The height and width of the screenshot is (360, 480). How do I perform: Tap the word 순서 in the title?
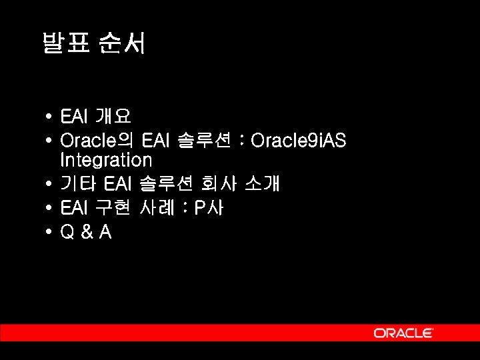pos(122,45)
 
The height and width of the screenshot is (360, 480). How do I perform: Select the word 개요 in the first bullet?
pos(113,117)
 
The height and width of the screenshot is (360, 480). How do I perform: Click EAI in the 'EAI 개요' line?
pos(73,117)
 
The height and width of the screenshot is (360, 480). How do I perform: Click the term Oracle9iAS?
pos(298,141)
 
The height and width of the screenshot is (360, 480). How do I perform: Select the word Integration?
pos(106,160)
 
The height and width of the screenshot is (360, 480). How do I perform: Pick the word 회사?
pos(218,183)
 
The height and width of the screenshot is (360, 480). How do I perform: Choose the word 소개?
pos(262,183)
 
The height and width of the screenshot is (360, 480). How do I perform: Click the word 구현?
pos(113,208)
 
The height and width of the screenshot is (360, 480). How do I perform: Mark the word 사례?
pos(157,208)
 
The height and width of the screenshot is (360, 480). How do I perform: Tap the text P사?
pos(209,208)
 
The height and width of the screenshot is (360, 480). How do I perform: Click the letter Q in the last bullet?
pos(67,233)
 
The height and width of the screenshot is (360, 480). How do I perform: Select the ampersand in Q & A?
pos(85,233)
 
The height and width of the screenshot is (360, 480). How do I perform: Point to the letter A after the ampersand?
pos(105,233)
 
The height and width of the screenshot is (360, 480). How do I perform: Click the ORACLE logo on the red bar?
pos(403,333)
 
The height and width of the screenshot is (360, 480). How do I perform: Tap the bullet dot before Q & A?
pos(50,233)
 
